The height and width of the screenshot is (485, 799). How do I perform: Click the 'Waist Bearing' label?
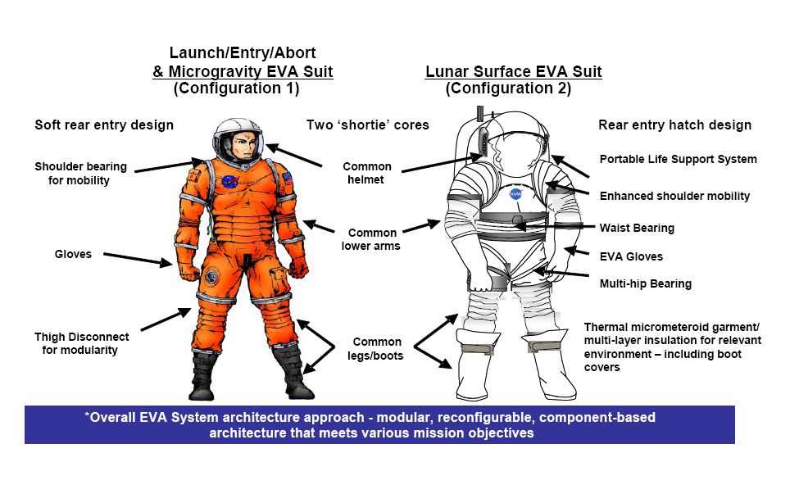[x=637, y=229]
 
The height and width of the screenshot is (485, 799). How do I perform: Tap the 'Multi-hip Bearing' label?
[x=645, y=283]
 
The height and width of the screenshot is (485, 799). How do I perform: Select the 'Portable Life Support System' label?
[x=678, y=160]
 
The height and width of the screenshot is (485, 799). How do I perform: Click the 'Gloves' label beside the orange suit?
[x=73, y=254]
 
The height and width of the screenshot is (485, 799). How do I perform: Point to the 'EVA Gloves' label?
[x=631, y=256]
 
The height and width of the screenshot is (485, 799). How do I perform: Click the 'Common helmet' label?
[x=367, y=173]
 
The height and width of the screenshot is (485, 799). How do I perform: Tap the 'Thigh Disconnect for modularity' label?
[x=81, y=343]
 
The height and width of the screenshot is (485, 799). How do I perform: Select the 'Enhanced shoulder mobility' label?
[x=674, y=196]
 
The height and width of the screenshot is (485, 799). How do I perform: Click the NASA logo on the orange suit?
[x=229, y=181]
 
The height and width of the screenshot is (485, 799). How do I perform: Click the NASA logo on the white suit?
[x=515, y=194]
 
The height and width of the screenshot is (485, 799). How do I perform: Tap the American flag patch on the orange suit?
[x=288, y=178]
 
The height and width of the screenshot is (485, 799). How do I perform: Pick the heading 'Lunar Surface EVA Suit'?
[x=514, y=71]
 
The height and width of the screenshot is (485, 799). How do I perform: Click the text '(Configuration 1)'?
[x=237, y=88]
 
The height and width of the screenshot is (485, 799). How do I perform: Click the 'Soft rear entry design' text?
[x=104, y=125]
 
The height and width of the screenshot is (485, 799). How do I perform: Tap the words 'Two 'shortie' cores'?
[x=367, y=125]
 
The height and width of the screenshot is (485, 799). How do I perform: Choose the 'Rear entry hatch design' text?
[x=674, y=125]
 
